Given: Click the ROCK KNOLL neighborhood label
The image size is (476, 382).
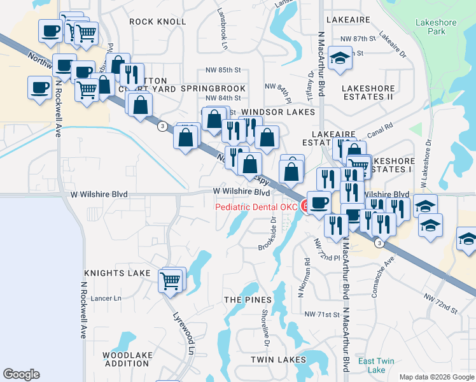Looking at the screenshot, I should click(157, 22).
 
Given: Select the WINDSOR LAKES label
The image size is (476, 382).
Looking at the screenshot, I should click(278, 112).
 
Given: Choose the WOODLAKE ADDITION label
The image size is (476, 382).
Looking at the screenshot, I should click(126, 358).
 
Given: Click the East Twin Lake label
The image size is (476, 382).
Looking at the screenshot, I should click(375, 365).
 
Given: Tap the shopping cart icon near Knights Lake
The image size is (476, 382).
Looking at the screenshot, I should click(171, 280).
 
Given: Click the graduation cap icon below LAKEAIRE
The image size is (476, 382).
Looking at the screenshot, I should click(341, 58).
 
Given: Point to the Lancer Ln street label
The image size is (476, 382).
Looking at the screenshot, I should click(107, 298).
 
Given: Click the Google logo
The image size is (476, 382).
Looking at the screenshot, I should click(21, 374).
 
